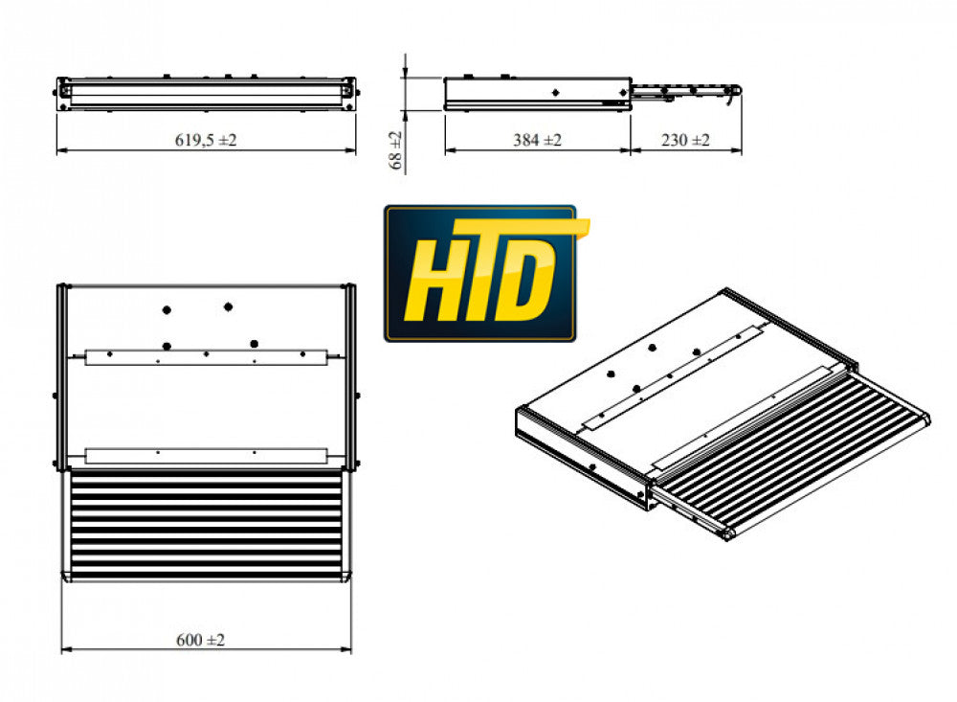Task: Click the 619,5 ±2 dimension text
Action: click(x=206, y=140)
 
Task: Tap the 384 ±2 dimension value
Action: click(x=537, y=140)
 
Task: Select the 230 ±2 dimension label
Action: click(x=685, y=140)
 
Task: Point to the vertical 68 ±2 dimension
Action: click(x=395, y=150)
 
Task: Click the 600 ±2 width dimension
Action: click(x=200, y=640)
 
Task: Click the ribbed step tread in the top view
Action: click(x=206, y=525)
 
